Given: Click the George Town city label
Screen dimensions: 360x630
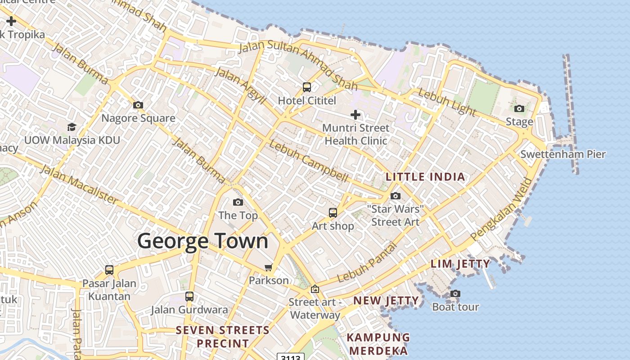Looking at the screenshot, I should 202,241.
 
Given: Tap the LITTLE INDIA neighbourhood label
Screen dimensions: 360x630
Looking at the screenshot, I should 425,177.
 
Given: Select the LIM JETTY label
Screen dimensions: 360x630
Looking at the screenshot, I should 460,264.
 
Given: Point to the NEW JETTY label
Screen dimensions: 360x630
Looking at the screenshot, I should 386,301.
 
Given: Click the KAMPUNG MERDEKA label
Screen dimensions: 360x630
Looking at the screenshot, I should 378,344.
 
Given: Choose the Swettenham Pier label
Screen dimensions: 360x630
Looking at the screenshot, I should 563,154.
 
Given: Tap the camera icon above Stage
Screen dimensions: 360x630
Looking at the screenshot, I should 519,108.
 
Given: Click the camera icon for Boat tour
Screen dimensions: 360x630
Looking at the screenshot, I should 455,294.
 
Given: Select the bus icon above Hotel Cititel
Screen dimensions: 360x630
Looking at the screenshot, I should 307,87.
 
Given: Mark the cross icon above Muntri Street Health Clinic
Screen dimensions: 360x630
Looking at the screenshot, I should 355,115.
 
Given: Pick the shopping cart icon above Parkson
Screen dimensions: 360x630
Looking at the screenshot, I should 269,268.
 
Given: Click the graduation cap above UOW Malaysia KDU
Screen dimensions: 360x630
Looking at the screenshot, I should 72,127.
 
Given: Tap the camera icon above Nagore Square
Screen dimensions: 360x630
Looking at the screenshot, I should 138,105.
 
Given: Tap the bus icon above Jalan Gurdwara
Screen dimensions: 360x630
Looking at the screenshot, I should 189,297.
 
